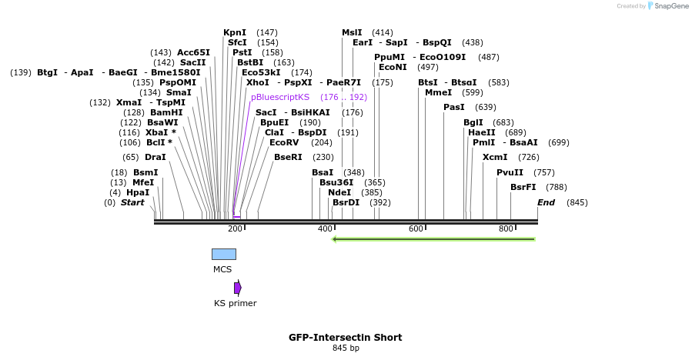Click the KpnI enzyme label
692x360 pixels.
point(235,32)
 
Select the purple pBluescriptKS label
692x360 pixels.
point(280,97)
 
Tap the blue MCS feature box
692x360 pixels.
point(224,254)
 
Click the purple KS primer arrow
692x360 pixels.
point(238,288)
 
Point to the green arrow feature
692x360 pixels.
point(433,238)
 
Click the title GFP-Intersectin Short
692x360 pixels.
point(346,337)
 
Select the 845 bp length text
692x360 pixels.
point(346,348)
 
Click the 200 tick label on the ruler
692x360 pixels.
point(235,229)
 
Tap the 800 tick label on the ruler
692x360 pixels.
point(506,229)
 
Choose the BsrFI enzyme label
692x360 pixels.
point(523,187)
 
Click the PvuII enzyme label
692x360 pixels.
point(510,172)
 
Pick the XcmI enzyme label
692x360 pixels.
point(495,157)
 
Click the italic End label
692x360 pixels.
point(546,202)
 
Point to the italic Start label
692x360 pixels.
point(132,202)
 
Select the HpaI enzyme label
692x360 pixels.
point(138,192)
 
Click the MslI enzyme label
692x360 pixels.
point(352,32)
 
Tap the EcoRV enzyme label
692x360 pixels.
point(284,142)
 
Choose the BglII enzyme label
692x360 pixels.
point(473,122)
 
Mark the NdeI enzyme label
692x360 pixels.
point(339,192)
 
